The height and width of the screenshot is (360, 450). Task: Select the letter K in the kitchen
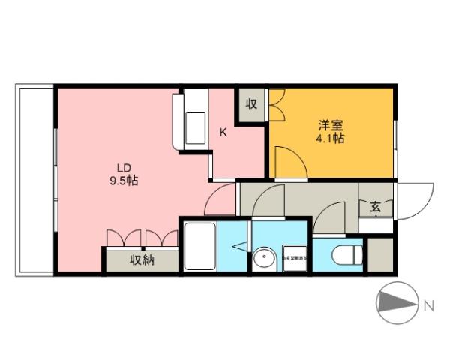pyautogui.click(x=223, y=132)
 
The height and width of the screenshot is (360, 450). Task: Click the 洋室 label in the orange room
pyautogui.click(x=330, y=125)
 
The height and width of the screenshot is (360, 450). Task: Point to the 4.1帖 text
pyautogui.click(x=330, y=139)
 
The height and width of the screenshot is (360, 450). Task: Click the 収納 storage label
pyautogui.click(x=142, y=261)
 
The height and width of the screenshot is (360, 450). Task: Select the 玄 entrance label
pyautogui.click(x=375, y=207)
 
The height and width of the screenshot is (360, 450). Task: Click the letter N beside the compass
pyautogui.click(x=429, y=305)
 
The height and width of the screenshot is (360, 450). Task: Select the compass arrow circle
pyautogui.click(x=395, y=304)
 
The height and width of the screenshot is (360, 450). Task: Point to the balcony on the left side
pyautogui.click(x=34, y=180)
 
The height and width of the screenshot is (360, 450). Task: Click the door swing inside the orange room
pyautogui.click(x=287, y=163)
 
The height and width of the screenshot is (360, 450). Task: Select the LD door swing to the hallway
pyautogui.click(x=221, y=200)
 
